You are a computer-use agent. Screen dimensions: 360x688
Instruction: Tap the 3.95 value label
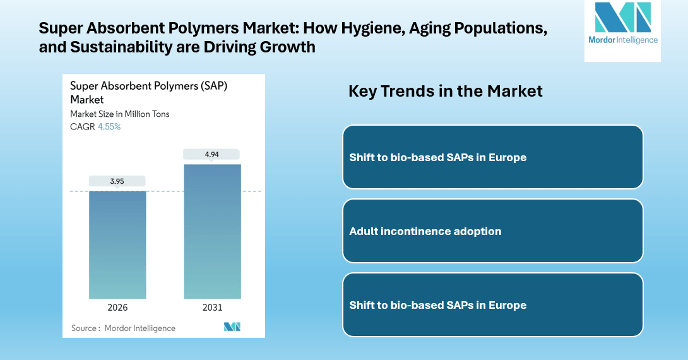pos(117,181)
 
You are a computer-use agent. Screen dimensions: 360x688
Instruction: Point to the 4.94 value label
pos(212,153)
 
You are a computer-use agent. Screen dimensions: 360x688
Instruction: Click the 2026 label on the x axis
pos(117,308)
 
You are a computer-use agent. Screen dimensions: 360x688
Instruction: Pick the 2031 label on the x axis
pos(212,308)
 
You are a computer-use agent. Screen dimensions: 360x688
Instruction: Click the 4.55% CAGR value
pos(109,126)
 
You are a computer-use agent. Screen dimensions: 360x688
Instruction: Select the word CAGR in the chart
pos(82,126)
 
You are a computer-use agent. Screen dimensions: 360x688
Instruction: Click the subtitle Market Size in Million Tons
pos(120,114)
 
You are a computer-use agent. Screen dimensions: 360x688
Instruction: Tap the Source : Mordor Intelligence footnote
pos(123,328)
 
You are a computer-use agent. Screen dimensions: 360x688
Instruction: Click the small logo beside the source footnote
pos(232,327)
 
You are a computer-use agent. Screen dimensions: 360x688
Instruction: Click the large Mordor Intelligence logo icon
pos(622,18)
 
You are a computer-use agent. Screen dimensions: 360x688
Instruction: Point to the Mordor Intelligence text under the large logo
pos(622,40)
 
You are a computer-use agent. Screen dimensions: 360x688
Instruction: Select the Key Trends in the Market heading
pos(445,91)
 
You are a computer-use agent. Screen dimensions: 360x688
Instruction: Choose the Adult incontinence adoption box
pos(492,231)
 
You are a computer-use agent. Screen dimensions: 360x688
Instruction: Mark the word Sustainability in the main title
pos(117,47)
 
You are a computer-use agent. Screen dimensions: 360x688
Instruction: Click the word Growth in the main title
pos(288,47)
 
